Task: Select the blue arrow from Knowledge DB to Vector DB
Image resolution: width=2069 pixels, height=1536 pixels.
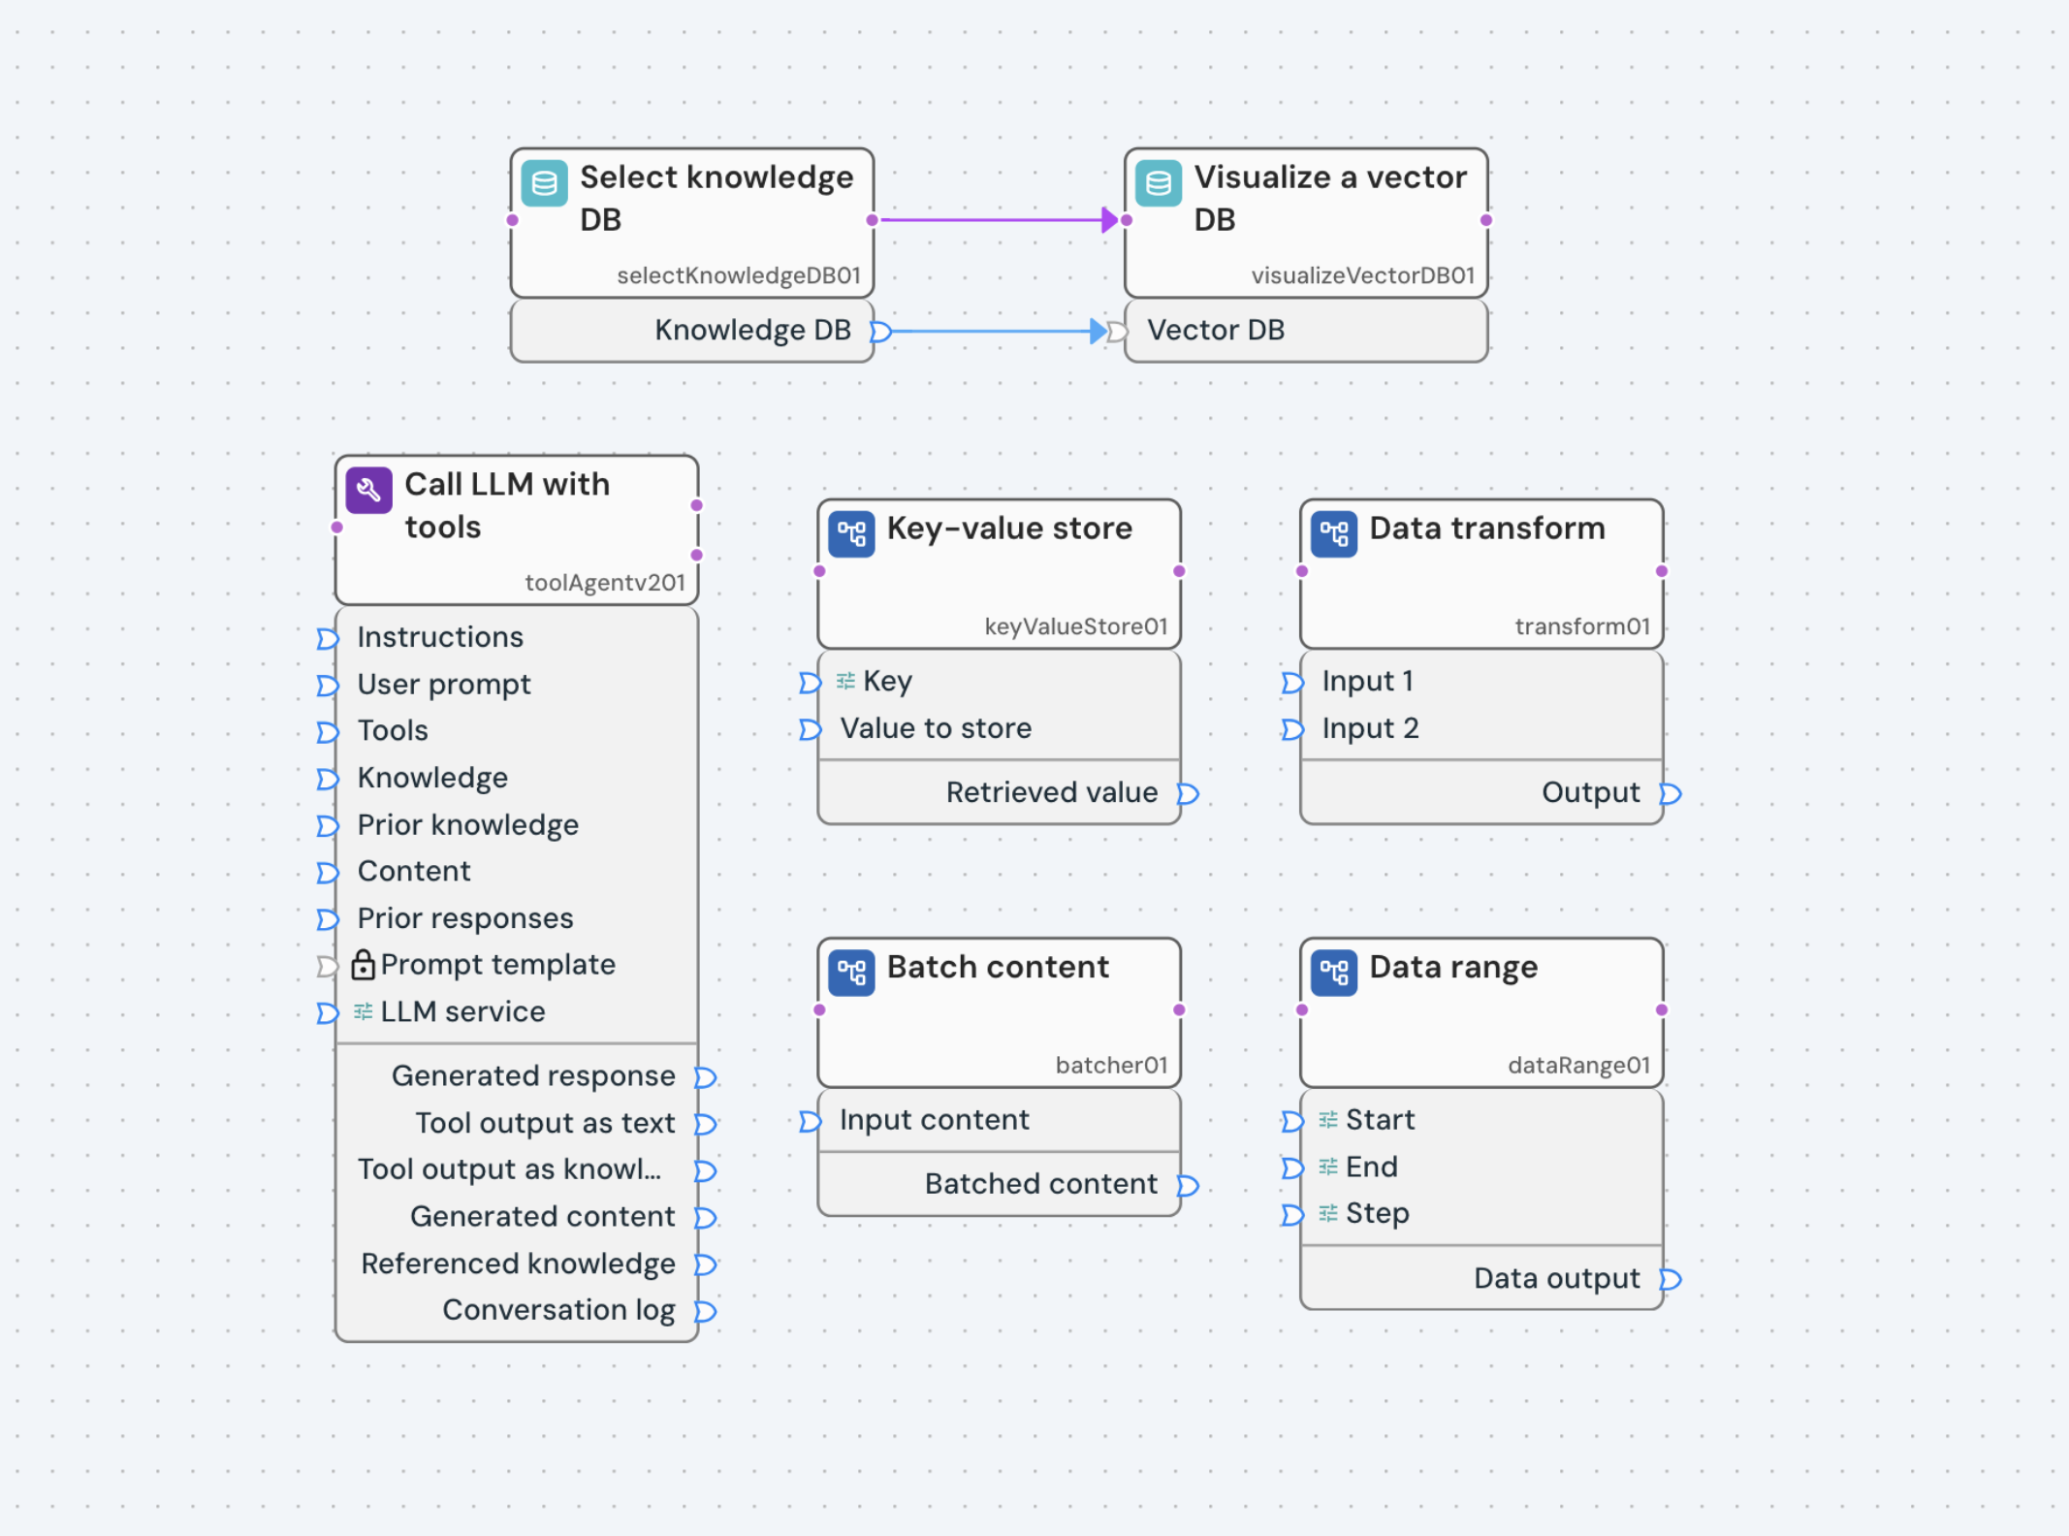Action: pyautogui.click(x=994, y=332)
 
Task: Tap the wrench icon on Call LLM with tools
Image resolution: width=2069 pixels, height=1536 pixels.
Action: pyautogui.click(x=368, y=491)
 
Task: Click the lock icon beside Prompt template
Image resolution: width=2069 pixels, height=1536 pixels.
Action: pyautogui.click(x=363, y=965)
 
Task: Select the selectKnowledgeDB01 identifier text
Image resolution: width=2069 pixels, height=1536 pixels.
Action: pyautogui.click(x=738, y=275)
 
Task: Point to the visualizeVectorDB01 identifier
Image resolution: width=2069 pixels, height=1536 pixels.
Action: pyautogui.click(x=1362, y=275)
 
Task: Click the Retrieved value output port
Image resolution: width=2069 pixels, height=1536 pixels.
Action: pyautogui.click(x=1188, y=794)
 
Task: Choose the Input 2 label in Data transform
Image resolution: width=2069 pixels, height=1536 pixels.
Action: pyautogui.click(x=1370, y=728)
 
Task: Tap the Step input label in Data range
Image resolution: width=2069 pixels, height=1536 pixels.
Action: pyautogui.click(x=1377, y=1213)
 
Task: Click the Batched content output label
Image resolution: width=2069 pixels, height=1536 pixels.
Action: pyautogui.click(x=1040, y=1184)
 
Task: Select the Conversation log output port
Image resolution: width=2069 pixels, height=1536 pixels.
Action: pyautogui.click(x=706, y=1311)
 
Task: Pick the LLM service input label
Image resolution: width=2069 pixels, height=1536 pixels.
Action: pyautogui.click(x=462, y=1011)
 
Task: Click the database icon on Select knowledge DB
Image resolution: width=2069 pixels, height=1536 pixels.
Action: pyautogui.click(x=544, y=183)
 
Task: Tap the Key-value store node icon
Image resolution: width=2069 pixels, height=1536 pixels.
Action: pyautogui.click(x=851, y=534)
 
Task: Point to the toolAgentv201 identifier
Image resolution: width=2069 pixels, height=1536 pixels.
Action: pyautogui.click(x=604, y=583)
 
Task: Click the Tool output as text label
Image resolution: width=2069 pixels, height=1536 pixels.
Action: pyautogui.click(x=544, y=1123)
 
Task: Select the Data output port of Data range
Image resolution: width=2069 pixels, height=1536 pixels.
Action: pyautogui.click(x=1670, y=1279)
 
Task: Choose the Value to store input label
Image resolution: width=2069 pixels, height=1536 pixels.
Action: pyautogui.click(x=936, y=728)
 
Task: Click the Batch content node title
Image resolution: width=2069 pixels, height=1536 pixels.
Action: pyautogui.click(x=998, y=967)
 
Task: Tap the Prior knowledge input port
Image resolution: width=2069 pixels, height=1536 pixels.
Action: pyautogui.click(x=327, y=825)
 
